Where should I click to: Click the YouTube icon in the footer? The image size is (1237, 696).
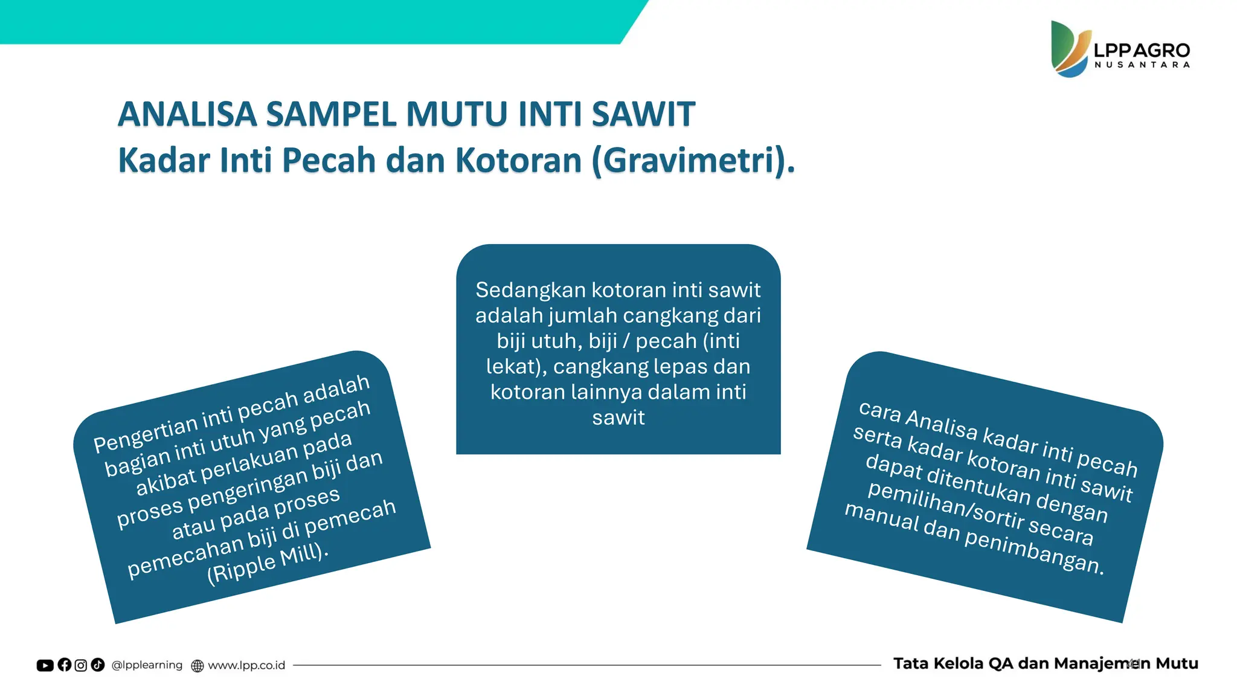click(45, 665)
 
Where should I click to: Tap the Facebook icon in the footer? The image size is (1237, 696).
click(65, 665)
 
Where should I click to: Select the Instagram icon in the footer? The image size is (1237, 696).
click(81, 665)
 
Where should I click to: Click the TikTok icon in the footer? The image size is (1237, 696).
click(98, 665)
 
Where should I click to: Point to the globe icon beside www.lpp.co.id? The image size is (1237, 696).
click(198, 666)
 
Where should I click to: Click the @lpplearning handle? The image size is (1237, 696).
click(147, 665)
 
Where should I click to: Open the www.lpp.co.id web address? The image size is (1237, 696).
click(246, 666)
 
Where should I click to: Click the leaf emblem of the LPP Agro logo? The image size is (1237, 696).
click(1070, 49)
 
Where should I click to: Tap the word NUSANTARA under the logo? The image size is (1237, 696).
click(1142, 65)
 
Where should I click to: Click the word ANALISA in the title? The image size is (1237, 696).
click(187, 114)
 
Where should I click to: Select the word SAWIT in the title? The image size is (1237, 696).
click(643, 114)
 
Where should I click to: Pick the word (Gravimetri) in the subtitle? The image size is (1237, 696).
click(689, 161)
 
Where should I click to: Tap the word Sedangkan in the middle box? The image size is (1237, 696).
click(530, 290)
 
